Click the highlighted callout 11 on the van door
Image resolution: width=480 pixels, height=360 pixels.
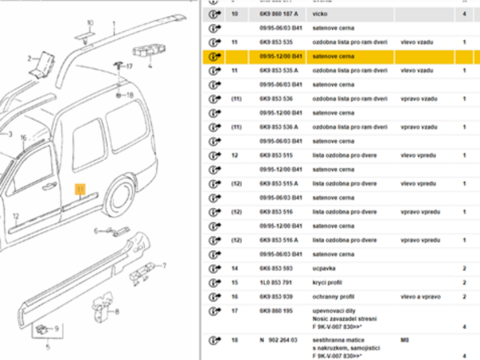coord(79,190)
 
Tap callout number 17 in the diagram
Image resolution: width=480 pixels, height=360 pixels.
coord(127,67)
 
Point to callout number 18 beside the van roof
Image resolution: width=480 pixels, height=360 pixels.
coord(130,94)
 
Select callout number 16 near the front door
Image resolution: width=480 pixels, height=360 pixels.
coord(23,138)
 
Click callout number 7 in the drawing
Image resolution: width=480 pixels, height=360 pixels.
coord(166,266)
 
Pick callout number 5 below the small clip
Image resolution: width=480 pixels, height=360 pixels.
coord(48,346)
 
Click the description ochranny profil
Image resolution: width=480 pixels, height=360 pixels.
coord(332,297)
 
